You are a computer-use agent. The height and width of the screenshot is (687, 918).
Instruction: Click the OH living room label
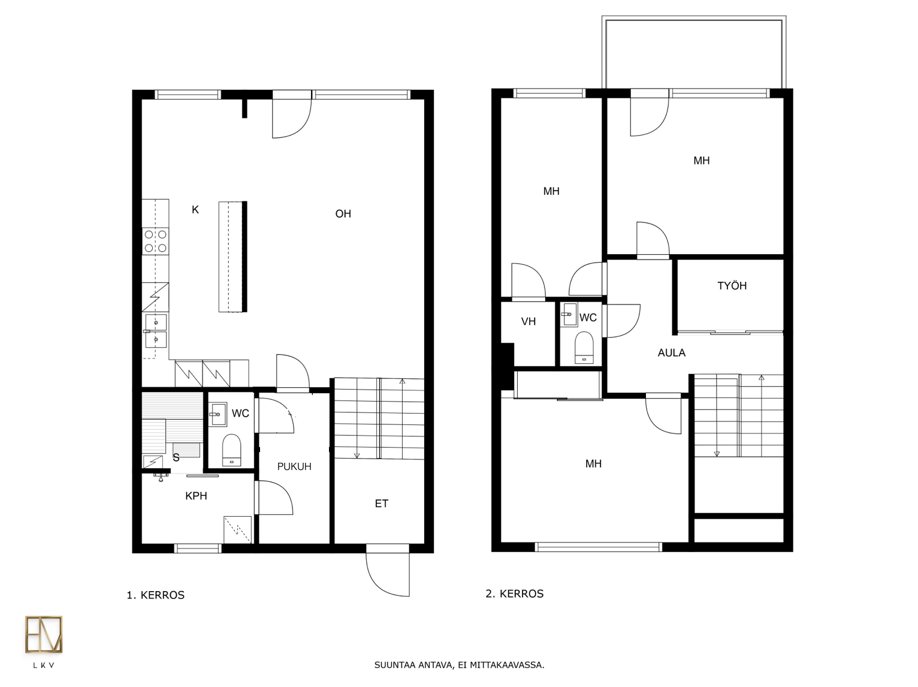pyautogui.click(x=343, y=214)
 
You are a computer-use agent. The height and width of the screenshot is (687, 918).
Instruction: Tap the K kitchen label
pyautogui.click(x=195, y=210)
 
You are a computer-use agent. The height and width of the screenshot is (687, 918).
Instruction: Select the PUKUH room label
pyautogui.click(x=294, y=466)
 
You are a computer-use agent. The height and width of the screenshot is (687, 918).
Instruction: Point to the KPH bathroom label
pyautogui.click(x=196, y=496)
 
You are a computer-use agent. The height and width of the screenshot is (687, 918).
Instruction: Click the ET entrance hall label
pyautogui.click(x=382, y=504)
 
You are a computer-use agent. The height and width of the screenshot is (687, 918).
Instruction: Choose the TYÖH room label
pyautogui.click(x=732, y=286)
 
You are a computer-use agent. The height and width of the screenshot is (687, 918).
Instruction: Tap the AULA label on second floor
pyautogui.click(x=671, y=352)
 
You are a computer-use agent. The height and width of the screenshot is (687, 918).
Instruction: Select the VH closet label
pyautogui.click(x=529, y=321)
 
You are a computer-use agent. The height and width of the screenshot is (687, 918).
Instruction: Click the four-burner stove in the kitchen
pyautogui.click(x=156, y=242)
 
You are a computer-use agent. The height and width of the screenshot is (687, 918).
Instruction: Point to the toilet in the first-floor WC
pyautogui.click(x=231, y=450)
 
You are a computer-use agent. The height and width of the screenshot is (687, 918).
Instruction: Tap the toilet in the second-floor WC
pyautogui.click(x=584, y=348)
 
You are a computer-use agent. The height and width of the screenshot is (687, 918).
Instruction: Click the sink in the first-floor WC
pyautogui.click(x=218, y=414)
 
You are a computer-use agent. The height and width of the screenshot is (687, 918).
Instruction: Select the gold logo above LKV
pyautogui.click(x=44, y=634)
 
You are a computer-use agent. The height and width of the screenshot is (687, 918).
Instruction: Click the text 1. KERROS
pyautogui.click(x=156, y=595)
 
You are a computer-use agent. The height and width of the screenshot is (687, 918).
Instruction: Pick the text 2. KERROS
pyautogui.click(x=514, y=593)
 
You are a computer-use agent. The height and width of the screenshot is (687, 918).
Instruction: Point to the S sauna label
pyautogui.click(x=176, y=458)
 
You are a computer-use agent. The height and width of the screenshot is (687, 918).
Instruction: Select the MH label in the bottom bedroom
pyautogui.click(x=593, y=463)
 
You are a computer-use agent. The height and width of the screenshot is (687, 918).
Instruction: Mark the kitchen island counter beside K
pyautogui.click(x=233, y=257)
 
